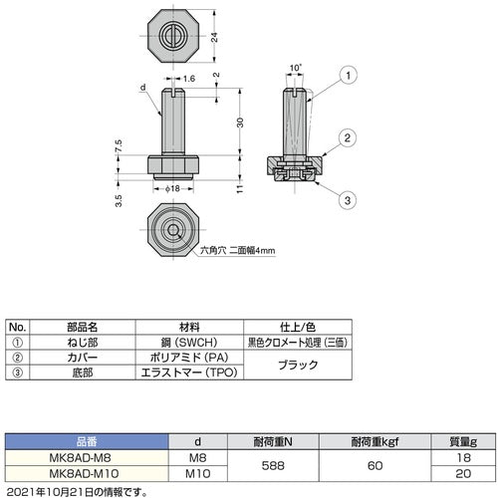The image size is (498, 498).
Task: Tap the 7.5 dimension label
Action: click(x=119, y=145)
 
